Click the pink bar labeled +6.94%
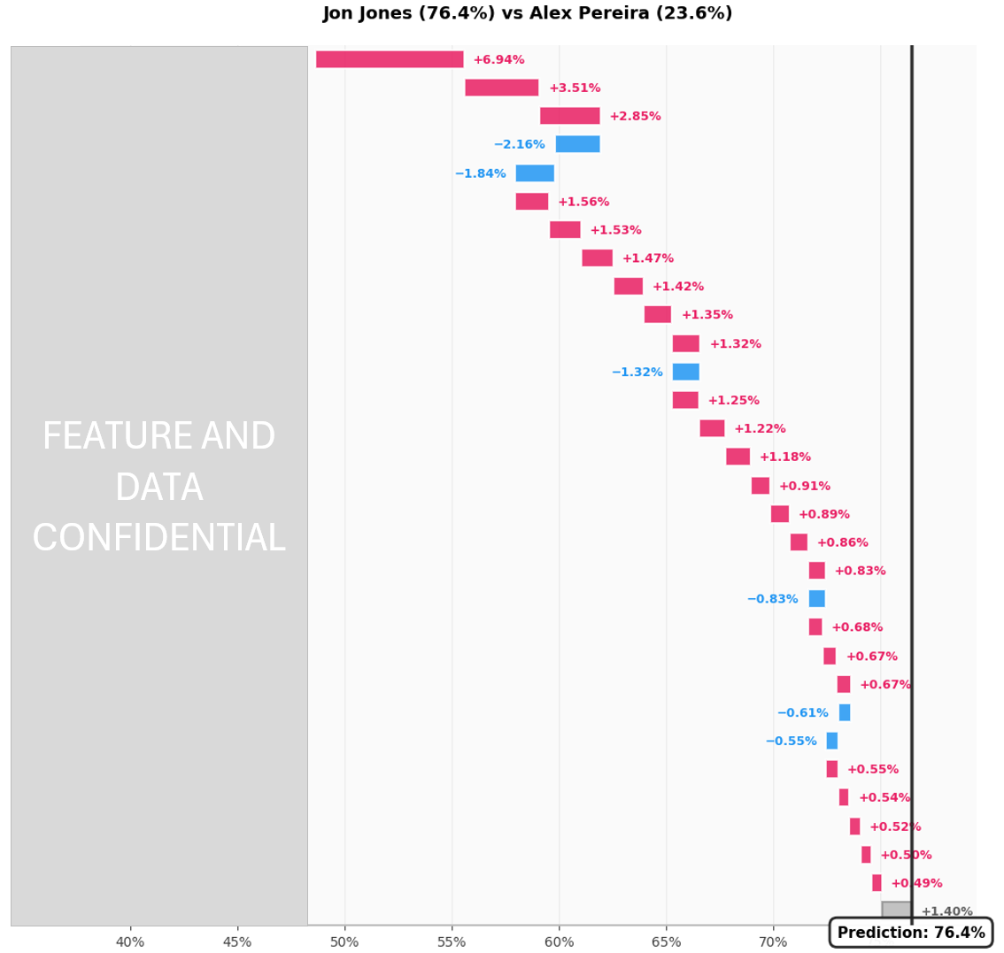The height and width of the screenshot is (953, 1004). tap(390, 59)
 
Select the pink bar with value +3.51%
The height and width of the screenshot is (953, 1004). tap(501, 88)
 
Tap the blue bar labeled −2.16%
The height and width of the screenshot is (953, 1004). tap(577, 144)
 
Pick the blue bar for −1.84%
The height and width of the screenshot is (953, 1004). tap(535, 173)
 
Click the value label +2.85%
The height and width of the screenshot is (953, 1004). tap(635, 117)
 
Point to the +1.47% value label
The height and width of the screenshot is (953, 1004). tap(647, 258)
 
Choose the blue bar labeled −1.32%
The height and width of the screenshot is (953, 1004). tap(685, 372)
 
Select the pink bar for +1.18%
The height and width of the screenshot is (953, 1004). tap(738, 457)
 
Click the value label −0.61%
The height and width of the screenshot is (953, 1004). tap(802, 713)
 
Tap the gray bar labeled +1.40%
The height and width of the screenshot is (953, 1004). tap(896, 911)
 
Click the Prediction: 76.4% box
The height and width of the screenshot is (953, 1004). tap(910, 933)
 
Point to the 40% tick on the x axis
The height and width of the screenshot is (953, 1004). tap(130, 942)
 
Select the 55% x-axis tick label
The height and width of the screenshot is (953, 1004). tap(452, 942)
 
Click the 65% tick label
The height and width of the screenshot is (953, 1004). tap(666, 942)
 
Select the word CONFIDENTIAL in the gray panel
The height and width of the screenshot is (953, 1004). tap(158, 539)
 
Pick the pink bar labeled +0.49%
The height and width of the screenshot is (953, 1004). tap(877, 883)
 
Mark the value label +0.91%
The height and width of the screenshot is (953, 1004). tap(804, 486)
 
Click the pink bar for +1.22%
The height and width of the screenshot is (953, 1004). tap(712, 428)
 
